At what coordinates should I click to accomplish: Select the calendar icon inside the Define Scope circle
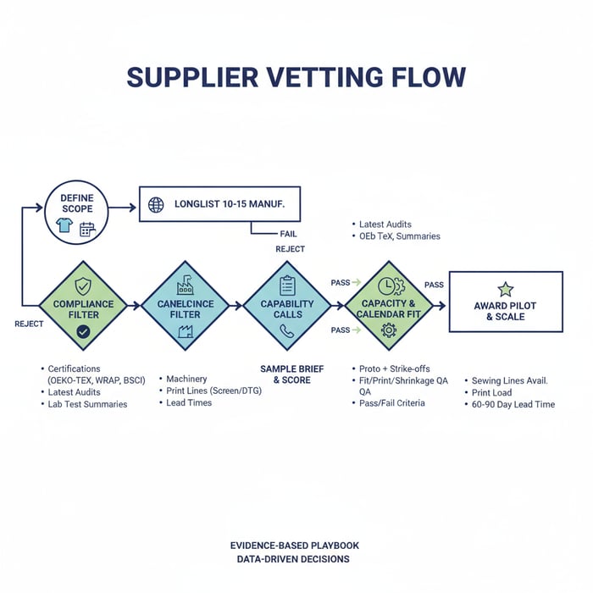[87, 229]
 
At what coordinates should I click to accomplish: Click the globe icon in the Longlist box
[155, 205]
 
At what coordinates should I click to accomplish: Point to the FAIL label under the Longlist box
[288, 233]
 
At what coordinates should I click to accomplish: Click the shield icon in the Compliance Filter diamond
[82, 285]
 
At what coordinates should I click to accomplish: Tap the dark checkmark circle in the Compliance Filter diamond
[82, 331]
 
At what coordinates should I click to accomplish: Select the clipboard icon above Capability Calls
[286, 285]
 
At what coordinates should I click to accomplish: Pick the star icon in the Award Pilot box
[505, 289]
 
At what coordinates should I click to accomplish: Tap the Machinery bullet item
[186, 379]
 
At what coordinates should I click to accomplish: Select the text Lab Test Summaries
[87, 404]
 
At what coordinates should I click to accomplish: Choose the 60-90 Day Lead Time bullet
[513, 404]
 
